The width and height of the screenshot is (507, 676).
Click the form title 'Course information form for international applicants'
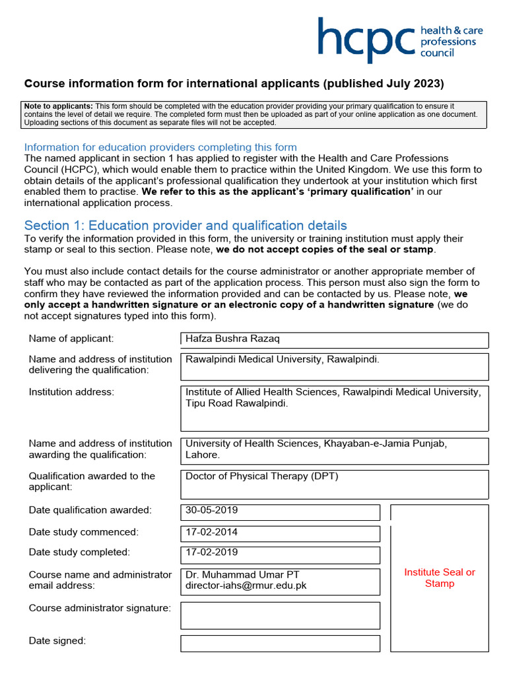point(234,84)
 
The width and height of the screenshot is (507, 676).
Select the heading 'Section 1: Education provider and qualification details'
point(186,225)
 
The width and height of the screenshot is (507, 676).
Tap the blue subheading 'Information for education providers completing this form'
point(160,147)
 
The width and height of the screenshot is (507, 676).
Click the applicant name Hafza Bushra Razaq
point(232,339)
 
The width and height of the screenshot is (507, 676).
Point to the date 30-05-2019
point(212,510)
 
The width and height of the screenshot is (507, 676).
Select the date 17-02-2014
point(212,531)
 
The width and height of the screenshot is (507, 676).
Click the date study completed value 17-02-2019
point(212,552)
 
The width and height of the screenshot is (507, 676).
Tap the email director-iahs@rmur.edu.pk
point(246,585)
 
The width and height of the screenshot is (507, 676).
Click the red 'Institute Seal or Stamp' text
point(440,578)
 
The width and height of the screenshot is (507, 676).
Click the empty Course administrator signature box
point(280,615)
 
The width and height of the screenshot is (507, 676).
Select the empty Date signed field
point(280,643)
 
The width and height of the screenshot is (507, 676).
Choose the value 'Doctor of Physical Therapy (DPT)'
point(262,476)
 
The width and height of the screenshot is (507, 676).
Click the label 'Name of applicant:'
point(71,339)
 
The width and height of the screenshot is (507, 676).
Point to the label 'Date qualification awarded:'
point(90,510)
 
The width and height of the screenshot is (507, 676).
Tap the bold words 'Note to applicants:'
point(58,106)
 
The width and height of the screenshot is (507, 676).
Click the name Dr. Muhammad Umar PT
point(242,574)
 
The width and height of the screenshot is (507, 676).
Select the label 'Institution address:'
point(71,392)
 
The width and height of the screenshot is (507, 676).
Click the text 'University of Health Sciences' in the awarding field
point(252,444)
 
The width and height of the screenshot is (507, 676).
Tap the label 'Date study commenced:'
point(84,531)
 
